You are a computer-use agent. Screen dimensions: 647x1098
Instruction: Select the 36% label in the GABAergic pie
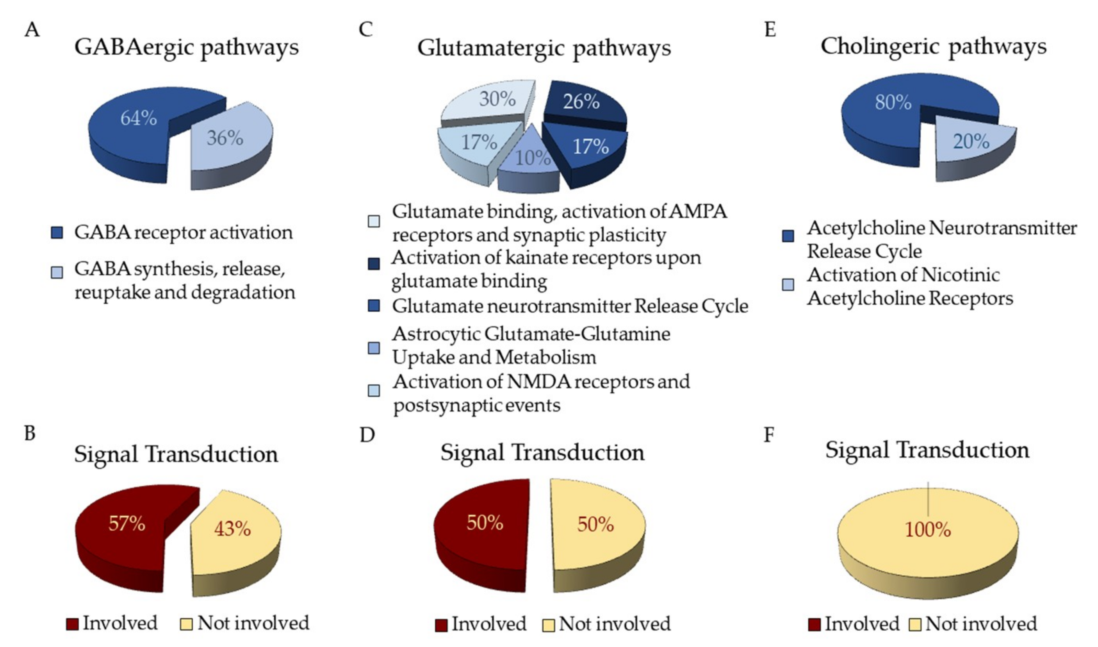[225, 138]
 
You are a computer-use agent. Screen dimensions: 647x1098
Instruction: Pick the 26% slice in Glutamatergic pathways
[581, 102]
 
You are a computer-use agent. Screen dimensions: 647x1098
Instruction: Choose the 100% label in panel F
[928, 530]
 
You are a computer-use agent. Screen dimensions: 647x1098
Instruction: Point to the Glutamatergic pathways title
[544, 48]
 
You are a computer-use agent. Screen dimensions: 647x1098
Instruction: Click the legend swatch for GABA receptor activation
[57, 233]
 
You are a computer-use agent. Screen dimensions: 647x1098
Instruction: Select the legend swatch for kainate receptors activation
[374, 264]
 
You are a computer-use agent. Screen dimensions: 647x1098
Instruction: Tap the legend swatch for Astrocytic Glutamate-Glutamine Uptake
[374, 348]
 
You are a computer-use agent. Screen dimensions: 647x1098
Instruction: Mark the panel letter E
[770, 30]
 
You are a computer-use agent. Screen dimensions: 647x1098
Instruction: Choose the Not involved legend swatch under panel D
[549, 625]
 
